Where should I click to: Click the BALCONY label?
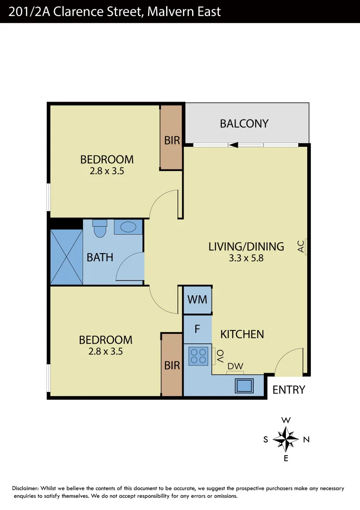tap(244, 124)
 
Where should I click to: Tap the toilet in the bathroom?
tap(100, 229)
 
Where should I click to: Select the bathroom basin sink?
tap(128, 227)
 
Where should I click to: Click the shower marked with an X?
tap(66, 257)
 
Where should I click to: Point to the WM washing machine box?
tap(197, 299)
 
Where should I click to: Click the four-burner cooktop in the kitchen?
tap(198, 356)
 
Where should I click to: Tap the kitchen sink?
tap(244, 385)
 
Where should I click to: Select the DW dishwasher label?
tap(234, 366)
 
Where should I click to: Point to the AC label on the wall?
tap(301, 246)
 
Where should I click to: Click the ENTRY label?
tap(289, 390)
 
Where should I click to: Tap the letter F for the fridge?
tap(198, 329)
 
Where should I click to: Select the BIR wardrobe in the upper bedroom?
tap(172, 140)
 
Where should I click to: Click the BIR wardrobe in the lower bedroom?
tap(172, 365)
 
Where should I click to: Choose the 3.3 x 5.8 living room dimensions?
tap(246, 258)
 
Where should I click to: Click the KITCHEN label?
tap(242, 334)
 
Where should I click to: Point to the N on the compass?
tap(306, 440)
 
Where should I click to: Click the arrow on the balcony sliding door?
tap(233, 145)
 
